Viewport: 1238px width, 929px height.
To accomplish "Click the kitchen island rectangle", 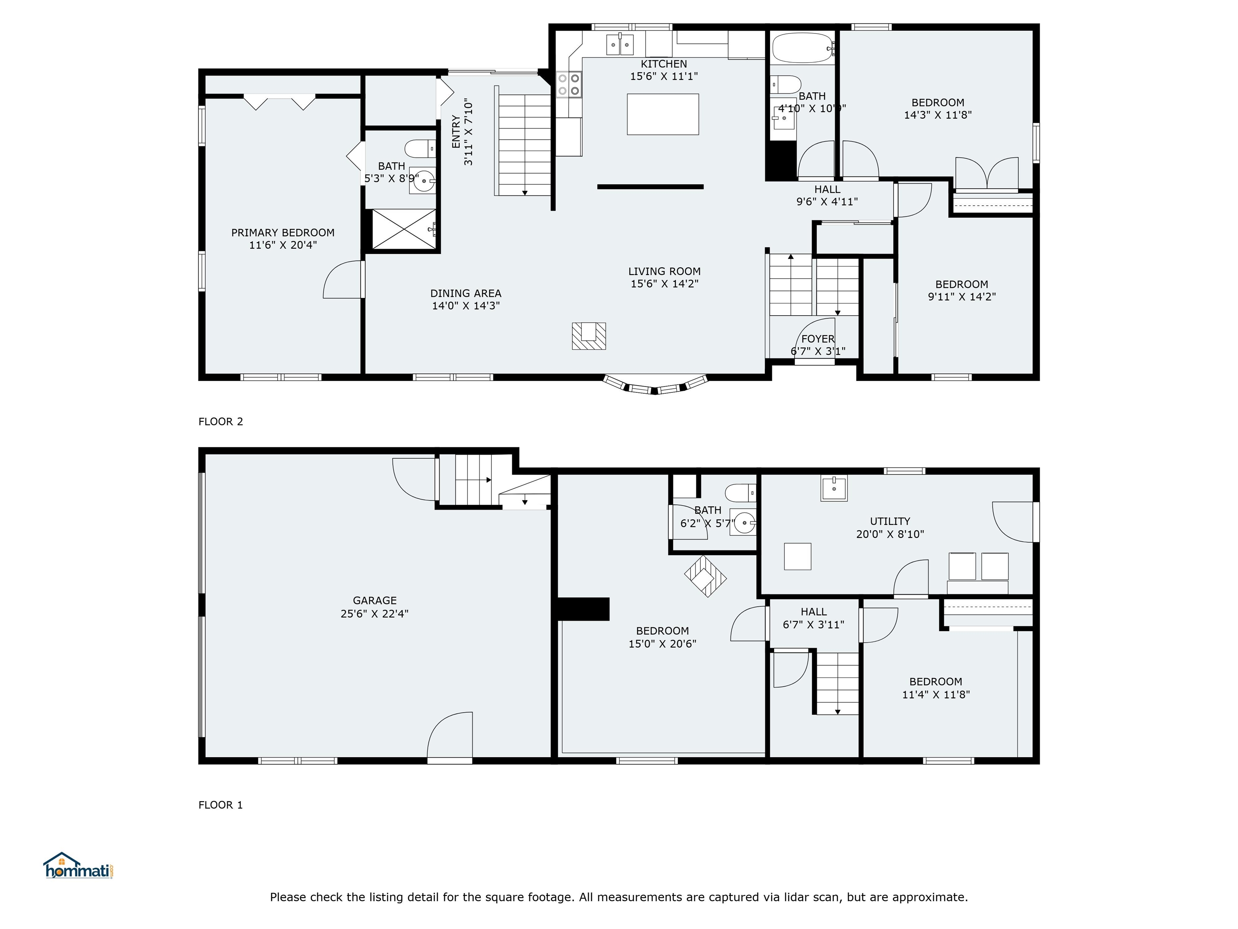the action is coord(663,114).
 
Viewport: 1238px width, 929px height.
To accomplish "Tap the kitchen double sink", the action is coord(620,45).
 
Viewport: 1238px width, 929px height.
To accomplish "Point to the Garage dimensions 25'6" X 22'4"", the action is coord(374,613).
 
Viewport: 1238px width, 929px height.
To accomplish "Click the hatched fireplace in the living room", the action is coord(589,336).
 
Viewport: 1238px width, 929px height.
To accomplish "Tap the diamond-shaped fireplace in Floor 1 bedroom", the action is coord(705,576).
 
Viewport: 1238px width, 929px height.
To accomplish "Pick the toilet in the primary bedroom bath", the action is coord(420,149).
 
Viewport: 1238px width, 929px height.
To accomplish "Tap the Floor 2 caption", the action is coord(221,422).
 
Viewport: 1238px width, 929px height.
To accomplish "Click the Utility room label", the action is coord(890,521).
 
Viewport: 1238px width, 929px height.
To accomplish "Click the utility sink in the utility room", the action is coord(834,488).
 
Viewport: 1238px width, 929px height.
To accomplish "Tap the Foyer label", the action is coord(818,339).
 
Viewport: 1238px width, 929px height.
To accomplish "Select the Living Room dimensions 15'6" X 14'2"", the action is coord(664,284).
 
